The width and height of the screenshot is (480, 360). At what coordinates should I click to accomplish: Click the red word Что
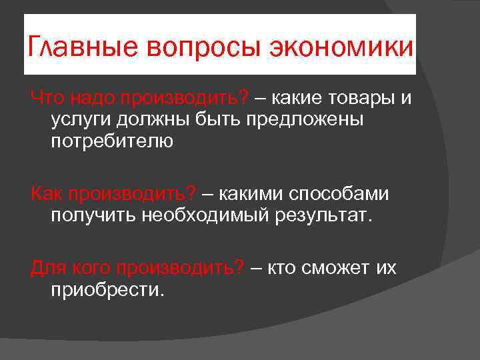point(47,99)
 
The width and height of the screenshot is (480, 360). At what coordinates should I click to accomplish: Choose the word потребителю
point(111,142)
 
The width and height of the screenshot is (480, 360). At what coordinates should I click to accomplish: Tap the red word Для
point(47,268)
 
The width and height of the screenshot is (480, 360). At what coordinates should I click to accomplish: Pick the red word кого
point(90,268)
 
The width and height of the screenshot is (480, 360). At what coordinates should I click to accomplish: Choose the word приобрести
point(106,290)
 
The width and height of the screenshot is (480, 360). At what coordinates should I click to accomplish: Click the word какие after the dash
point(295,99)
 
